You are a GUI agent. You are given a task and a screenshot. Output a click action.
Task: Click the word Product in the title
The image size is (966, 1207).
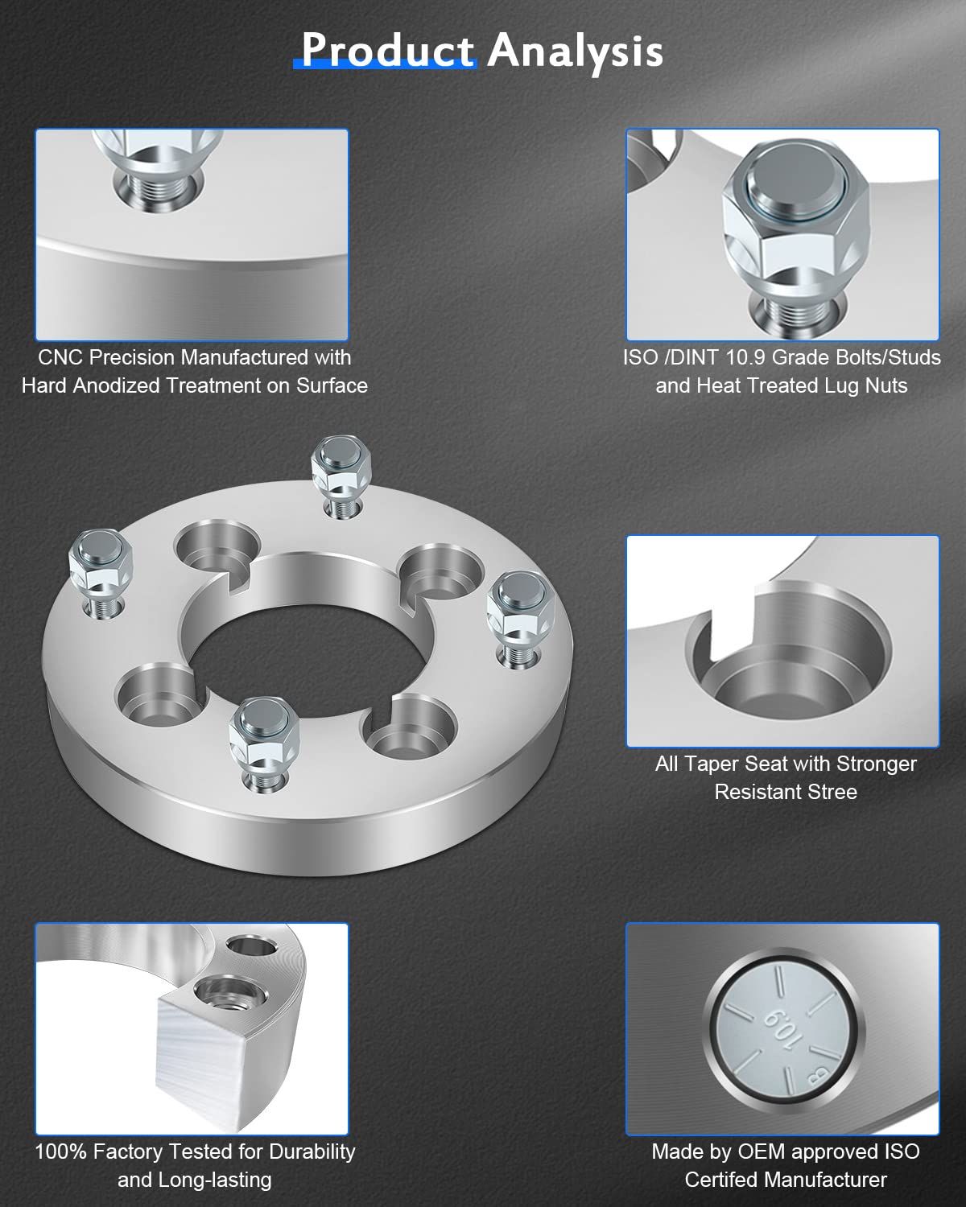click(x=387, y=51)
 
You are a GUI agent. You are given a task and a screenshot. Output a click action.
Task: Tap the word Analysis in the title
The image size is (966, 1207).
click(x=575, y=51)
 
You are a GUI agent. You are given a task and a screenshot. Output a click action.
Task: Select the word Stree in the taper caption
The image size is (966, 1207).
click(x=832, y=792)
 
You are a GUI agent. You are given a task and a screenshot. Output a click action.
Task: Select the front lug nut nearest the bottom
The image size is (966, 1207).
click(x=264, y=729)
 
